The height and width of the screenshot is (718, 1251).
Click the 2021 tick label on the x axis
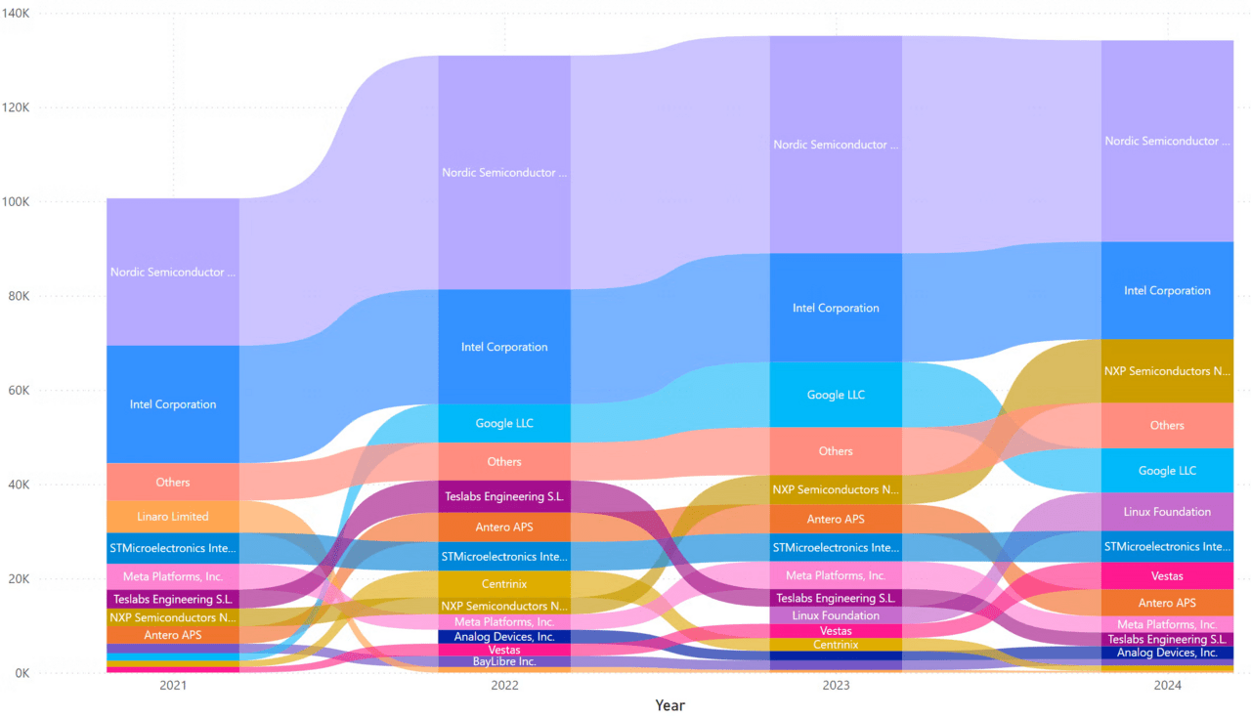173,687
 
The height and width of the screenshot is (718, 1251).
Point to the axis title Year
669,705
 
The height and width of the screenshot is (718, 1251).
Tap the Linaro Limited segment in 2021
173,516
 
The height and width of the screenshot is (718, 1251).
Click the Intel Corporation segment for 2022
504,347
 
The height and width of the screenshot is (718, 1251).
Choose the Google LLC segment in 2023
836,395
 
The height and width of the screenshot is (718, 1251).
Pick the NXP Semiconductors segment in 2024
1167,371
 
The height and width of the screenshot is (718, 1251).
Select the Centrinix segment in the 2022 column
504,583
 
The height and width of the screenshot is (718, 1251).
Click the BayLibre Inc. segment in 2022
504,661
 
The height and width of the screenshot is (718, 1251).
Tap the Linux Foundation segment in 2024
1167,512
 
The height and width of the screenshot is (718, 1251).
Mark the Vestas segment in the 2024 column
1167,576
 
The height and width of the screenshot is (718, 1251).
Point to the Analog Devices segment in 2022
504,637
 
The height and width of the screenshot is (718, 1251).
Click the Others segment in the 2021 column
173,482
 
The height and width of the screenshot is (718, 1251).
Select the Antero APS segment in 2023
836,519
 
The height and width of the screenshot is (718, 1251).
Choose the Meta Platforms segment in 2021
173,576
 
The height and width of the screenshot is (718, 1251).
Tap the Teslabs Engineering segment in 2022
504,496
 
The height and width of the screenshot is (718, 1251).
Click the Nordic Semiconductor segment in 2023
836,145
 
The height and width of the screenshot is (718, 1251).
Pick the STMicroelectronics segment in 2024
1167,547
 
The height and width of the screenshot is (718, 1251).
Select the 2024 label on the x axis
1167,687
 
